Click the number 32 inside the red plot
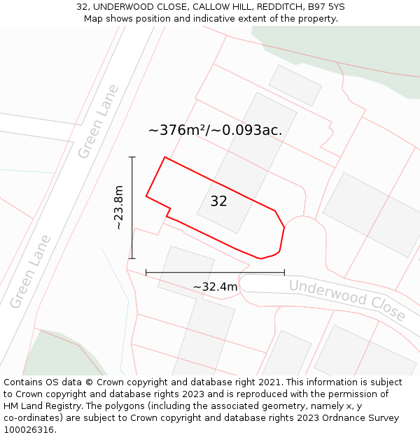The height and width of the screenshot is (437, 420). point(218,201)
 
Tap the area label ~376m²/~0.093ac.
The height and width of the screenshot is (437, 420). point(215,130)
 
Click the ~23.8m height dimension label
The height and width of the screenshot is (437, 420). point(118,208)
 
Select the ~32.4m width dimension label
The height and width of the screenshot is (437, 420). point(215,287)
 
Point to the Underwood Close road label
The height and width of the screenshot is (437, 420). point(346,299)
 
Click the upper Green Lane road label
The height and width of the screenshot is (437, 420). point(98,121)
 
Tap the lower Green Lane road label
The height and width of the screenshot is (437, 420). point(31,272)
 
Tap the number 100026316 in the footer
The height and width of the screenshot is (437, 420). point(29,430)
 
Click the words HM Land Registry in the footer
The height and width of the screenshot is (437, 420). point(41,406)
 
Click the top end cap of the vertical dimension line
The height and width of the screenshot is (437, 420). point(132,157)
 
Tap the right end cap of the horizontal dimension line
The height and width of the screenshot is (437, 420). point(284,272)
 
